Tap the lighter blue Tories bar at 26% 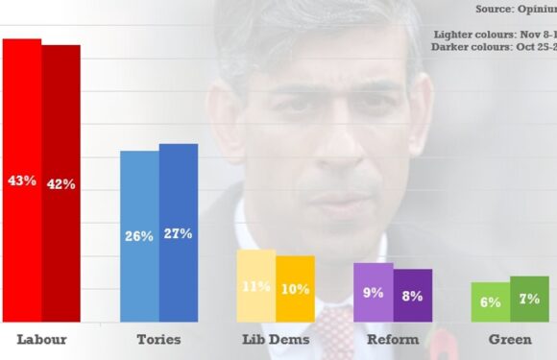tap(139, 235)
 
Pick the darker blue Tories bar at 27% tap(179, 232)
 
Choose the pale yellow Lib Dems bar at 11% tap(256, 285)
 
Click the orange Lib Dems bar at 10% tap(296, 288)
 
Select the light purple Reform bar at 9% tap(374, 292)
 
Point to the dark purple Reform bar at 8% tap(413, 295)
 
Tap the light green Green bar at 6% tap(491, 301)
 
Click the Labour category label tap(41, 339)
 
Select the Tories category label tap(158, 339)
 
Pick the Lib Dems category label tap(276, 339)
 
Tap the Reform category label tap(393, 339)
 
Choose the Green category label tap(510, 339)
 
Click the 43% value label tap(21, 180)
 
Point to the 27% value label tap(179, 233)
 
